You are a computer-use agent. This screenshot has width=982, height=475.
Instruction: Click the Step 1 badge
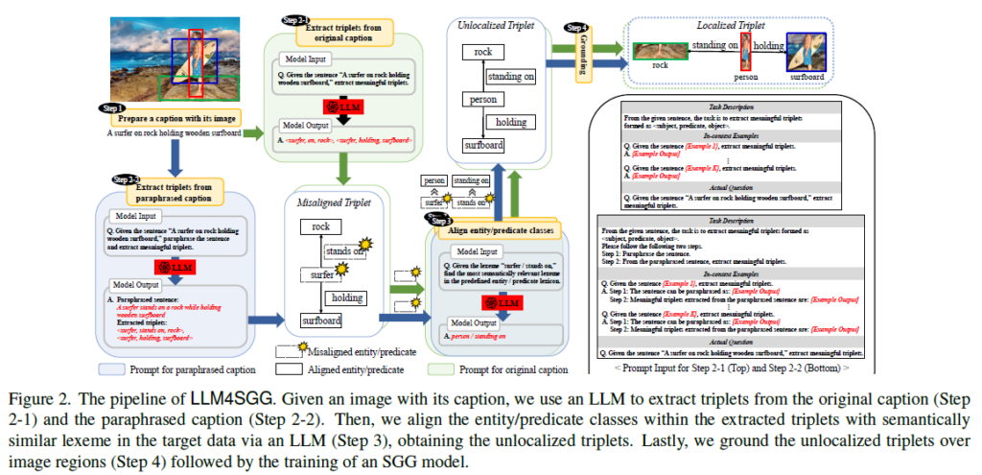pos(112,107)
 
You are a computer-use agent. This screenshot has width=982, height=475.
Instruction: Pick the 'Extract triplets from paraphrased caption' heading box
pos(175,190)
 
